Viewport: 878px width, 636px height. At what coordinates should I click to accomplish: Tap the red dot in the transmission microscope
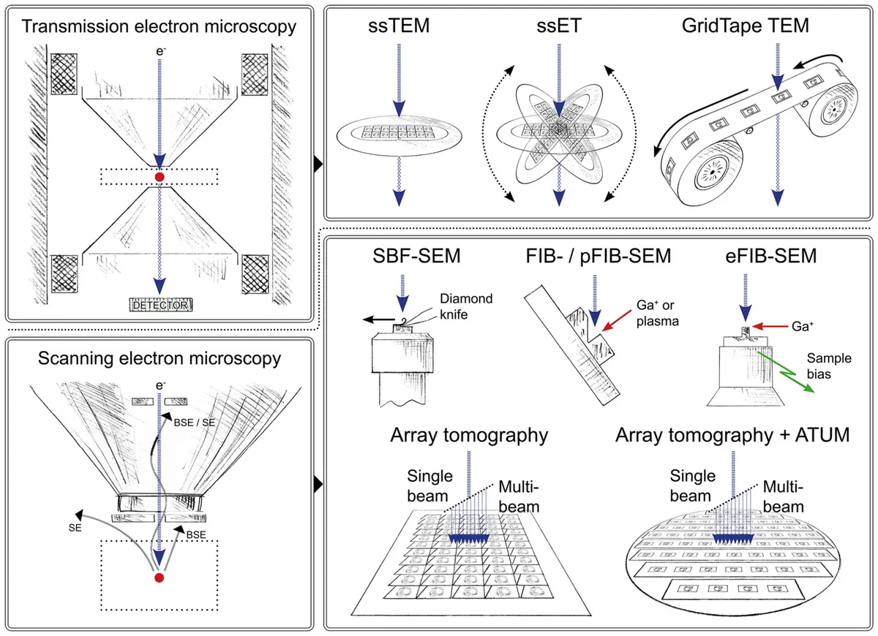160,177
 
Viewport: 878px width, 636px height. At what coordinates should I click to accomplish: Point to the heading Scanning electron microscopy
160,359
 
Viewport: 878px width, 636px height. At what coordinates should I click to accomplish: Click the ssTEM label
399,28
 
